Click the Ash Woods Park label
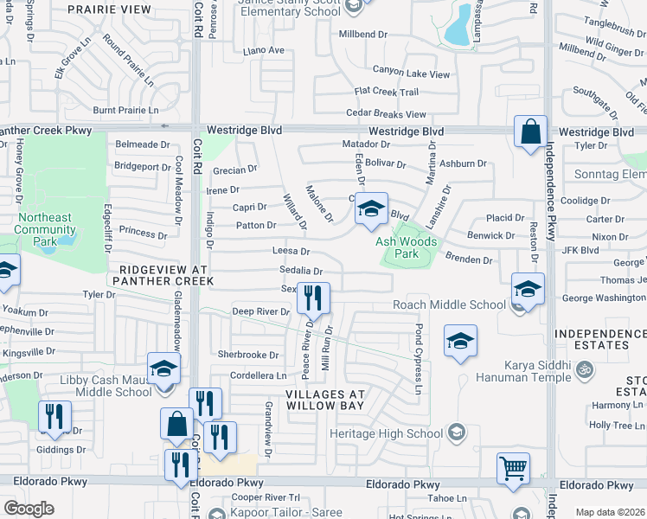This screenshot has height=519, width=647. [x=406, y=248]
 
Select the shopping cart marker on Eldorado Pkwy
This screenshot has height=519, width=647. [x=514, y=469]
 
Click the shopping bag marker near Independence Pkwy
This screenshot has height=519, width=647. [x=530, y=132]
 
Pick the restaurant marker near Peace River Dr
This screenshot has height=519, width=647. [x=313, y=298]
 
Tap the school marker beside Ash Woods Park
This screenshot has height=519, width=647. [x=371, y=209]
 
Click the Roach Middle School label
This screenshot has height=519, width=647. [x=449, y=304]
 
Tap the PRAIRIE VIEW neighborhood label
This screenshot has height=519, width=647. [x=121, y=10]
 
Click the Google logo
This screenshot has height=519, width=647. [x=29, y=509]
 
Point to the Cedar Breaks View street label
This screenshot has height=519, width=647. [x=386, y=113]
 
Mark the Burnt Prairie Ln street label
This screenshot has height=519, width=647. [x=126, y=110]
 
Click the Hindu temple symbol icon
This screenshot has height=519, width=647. [x=584, y=369]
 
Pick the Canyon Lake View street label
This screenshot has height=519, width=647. [x=411, y=70]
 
